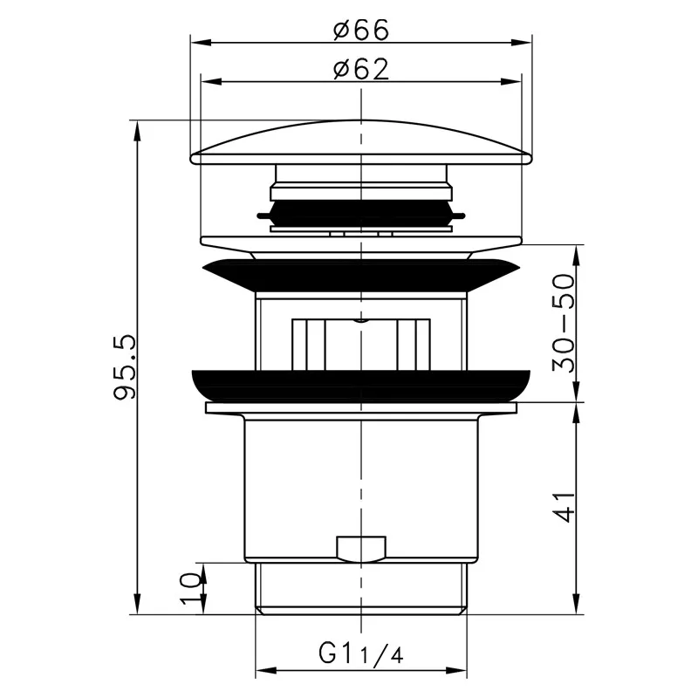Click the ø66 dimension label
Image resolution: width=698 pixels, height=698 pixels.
click(x=359, y=29)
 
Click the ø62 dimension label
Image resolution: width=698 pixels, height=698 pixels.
click(x=359, y=70)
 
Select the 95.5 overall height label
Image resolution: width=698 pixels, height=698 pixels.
click(x=125, y=366)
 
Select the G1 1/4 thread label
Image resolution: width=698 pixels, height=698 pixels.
click(x=360, y=653)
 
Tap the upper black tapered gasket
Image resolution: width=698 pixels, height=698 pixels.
click(x=360, y=275)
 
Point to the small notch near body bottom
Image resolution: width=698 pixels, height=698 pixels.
click(x=360, y=549)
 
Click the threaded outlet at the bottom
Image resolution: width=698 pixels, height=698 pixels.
click(x=360, y=589)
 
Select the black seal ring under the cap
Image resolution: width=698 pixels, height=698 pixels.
click(x=360, y=212)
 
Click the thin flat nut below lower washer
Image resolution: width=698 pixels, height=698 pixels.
click(x=360, y=407)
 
